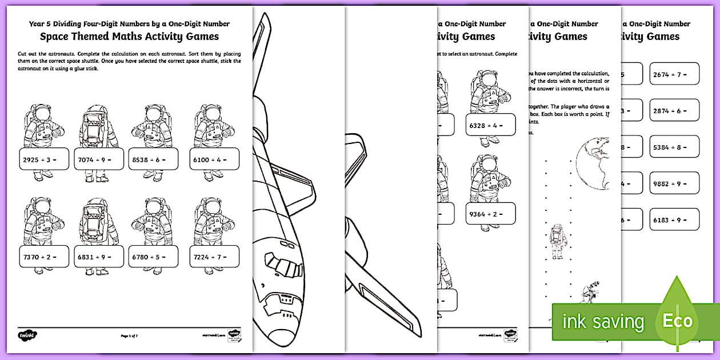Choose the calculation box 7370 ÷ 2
[x=43, y=257]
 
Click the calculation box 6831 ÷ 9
[x=99, y=257]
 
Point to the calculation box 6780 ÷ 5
[x=153, y=257]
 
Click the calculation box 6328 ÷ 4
[x=490, y=124]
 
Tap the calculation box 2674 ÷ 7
[x=674, y=74]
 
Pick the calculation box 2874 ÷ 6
[x=674, y=110]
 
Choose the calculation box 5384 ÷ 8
[x=674, y=147]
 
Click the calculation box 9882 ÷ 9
[x=674, y=183]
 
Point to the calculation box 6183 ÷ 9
[x=674, y=219]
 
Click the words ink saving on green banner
[x=603, y=322]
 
